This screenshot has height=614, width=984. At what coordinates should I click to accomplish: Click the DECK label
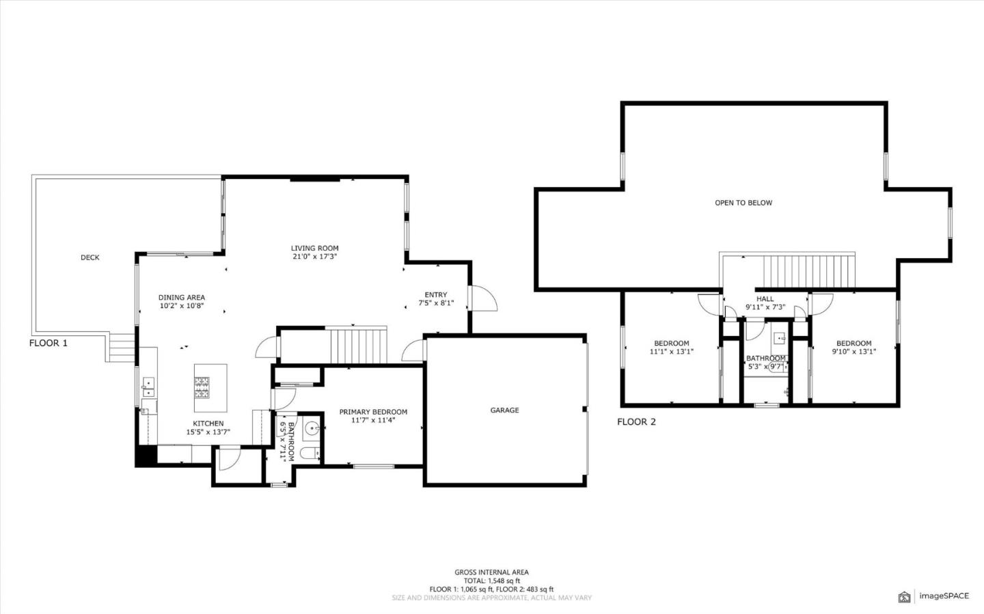point(90,257)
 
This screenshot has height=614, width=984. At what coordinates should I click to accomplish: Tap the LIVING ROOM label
point(314,249)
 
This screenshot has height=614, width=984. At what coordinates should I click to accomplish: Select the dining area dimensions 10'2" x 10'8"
point(181,307)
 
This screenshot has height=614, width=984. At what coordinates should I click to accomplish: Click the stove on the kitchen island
point(202,388)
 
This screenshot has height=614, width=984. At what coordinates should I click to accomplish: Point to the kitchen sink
point(148,387)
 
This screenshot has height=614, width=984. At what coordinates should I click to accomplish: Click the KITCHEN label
point(208,423)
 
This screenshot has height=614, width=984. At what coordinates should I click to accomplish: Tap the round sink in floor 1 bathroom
point(311,428)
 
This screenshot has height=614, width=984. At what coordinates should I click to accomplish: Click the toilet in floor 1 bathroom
point(310,453)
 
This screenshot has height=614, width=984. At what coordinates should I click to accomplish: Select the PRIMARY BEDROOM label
point(373,412)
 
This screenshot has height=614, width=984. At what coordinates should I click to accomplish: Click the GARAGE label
point(504,410)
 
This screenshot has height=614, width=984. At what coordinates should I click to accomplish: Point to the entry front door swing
point(484,298)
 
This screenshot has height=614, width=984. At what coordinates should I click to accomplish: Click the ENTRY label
point(436,295)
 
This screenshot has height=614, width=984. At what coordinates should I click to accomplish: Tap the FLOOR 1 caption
point(49,343)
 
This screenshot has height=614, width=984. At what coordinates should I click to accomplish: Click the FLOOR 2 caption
point(636,421)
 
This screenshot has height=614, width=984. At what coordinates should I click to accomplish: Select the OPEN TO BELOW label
point(743,203)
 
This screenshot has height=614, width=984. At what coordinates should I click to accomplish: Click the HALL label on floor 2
point(765,298)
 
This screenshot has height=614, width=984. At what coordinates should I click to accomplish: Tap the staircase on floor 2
point(808,272)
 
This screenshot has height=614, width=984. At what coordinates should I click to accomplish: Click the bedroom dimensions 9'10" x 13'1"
point(853,352)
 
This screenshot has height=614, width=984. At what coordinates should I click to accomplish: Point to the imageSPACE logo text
point(943,596)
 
